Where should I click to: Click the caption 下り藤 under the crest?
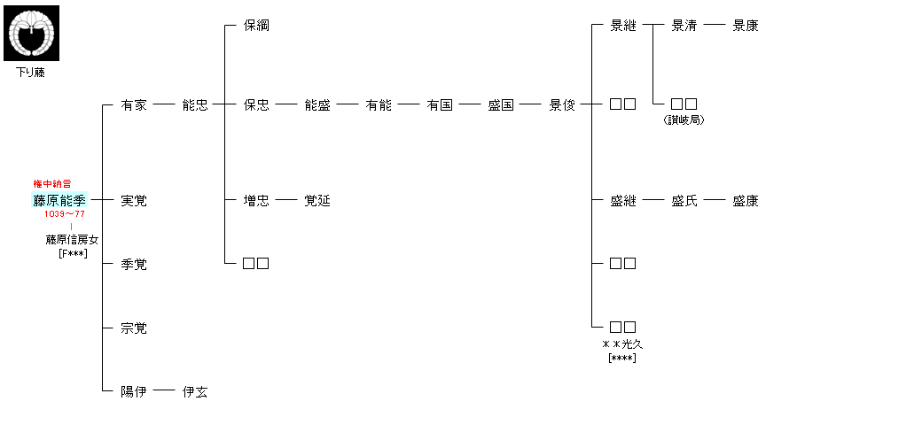(x=31, y=73)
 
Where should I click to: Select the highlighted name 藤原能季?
(x=60, y=200)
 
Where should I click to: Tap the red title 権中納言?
(x=53, y=183)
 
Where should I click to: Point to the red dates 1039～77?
(x=65, y=214)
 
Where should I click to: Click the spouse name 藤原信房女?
(x=73, y=239)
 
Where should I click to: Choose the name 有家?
(x=134, y=105)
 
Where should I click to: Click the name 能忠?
(x=195, y=105)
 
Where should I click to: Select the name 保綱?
(x=256, y=26)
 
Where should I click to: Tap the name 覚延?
(x=317, y=201)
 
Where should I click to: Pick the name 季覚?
(x=134, y=264)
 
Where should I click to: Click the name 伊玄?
(x=195, y=391)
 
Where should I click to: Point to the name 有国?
(x=440, y=105)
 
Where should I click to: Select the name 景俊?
(x=562, y=105)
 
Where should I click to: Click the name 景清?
(x=684, y=26)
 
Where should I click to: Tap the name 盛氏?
(x=684, y=201)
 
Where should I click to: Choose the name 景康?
(x=746, y=26)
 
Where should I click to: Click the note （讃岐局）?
(x=684, y=120)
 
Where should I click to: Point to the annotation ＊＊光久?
(x=623, y=344)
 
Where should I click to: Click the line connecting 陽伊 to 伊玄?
(x=164, y=390)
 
